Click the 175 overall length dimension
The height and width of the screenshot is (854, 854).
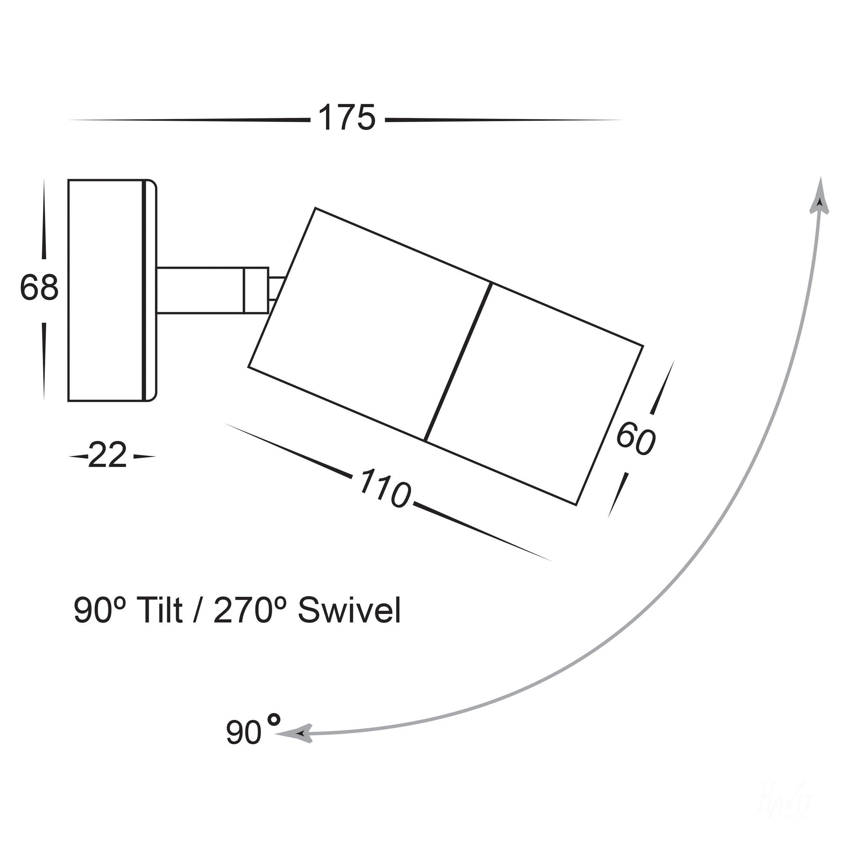tap(347, 118)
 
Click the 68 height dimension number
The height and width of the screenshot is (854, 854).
tap(39, 288)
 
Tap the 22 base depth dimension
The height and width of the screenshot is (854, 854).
tap(108, 456)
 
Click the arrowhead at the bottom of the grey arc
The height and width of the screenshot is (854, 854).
tap(301, 734)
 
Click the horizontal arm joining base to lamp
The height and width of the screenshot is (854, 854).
tap(201, 291)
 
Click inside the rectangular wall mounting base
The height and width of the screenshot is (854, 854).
tap(105, 291)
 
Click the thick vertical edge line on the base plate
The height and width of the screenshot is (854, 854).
tap(145, 291)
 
